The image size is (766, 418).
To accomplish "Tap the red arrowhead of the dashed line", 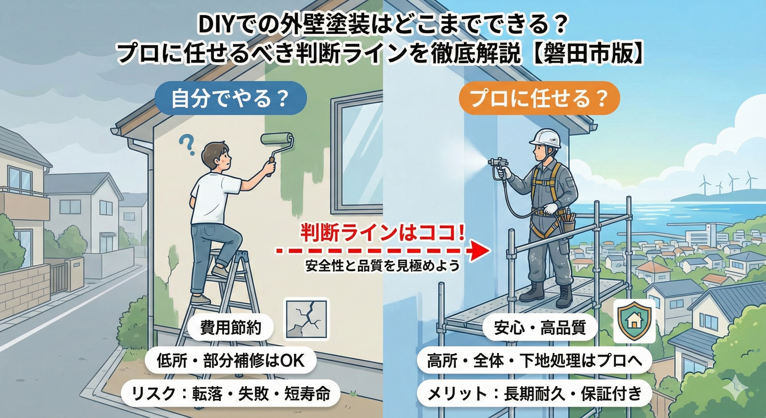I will tap(481, 251).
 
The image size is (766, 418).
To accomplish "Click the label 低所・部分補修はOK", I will tap(230, 361).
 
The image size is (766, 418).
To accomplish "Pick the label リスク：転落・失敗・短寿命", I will tap(230, 393).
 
